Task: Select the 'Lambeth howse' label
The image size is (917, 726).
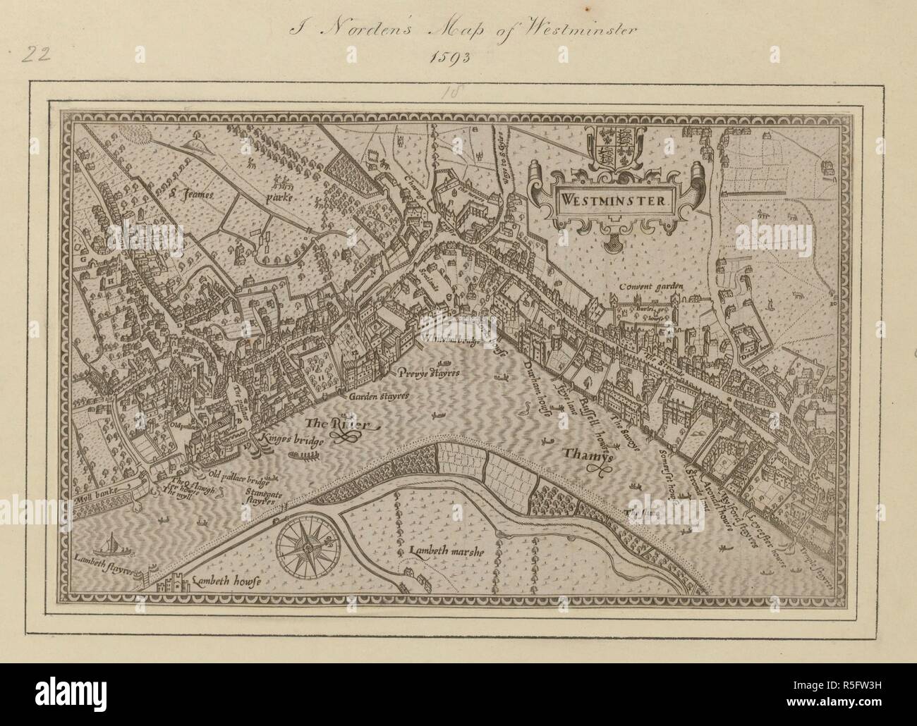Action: [225, 582]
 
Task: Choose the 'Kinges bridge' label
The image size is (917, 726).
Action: [290, 441]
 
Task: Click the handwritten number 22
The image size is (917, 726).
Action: [34, 56]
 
